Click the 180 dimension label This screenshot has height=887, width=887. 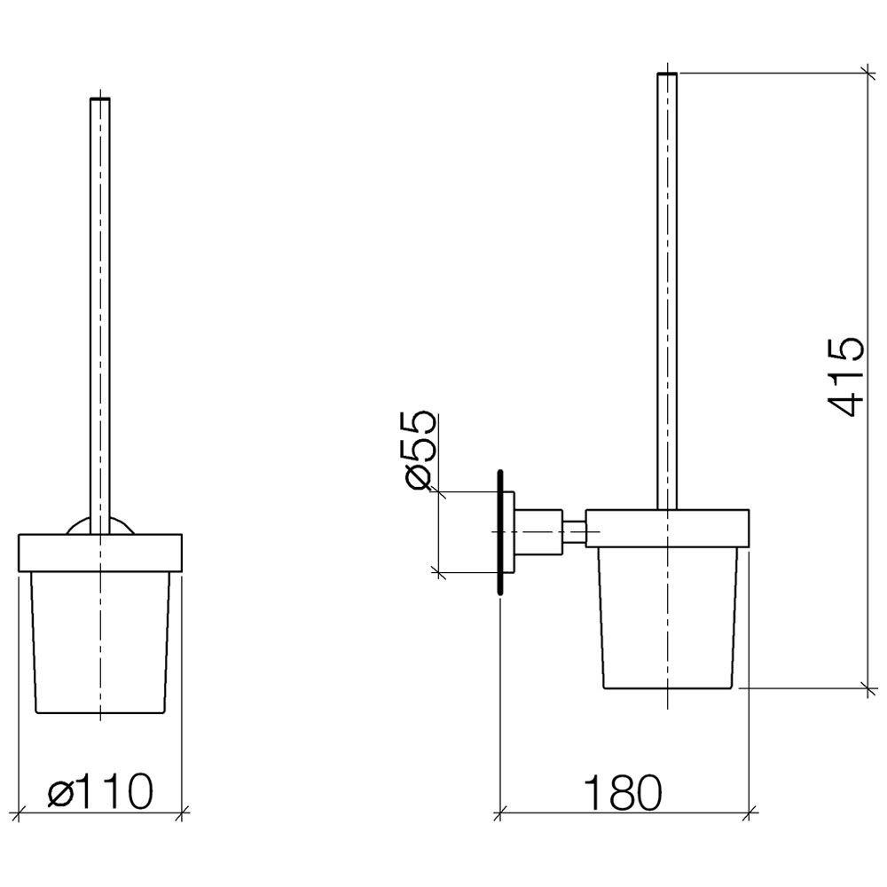click(x=622, y=792)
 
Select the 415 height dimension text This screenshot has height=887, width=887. click(x=846, y=377)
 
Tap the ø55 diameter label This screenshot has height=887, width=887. click(x=420, y=450)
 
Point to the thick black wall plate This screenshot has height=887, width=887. click(x=500, y=532)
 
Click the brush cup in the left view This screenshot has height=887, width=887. click(x=100, y=642)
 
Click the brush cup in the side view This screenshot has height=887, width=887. click(x=668, y=617)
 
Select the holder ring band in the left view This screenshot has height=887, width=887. click(x=100, y=553)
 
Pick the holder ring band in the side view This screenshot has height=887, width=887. click(x=668, y=529)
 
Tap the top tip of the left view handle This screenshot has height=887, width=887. click(x=100, y=99)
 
